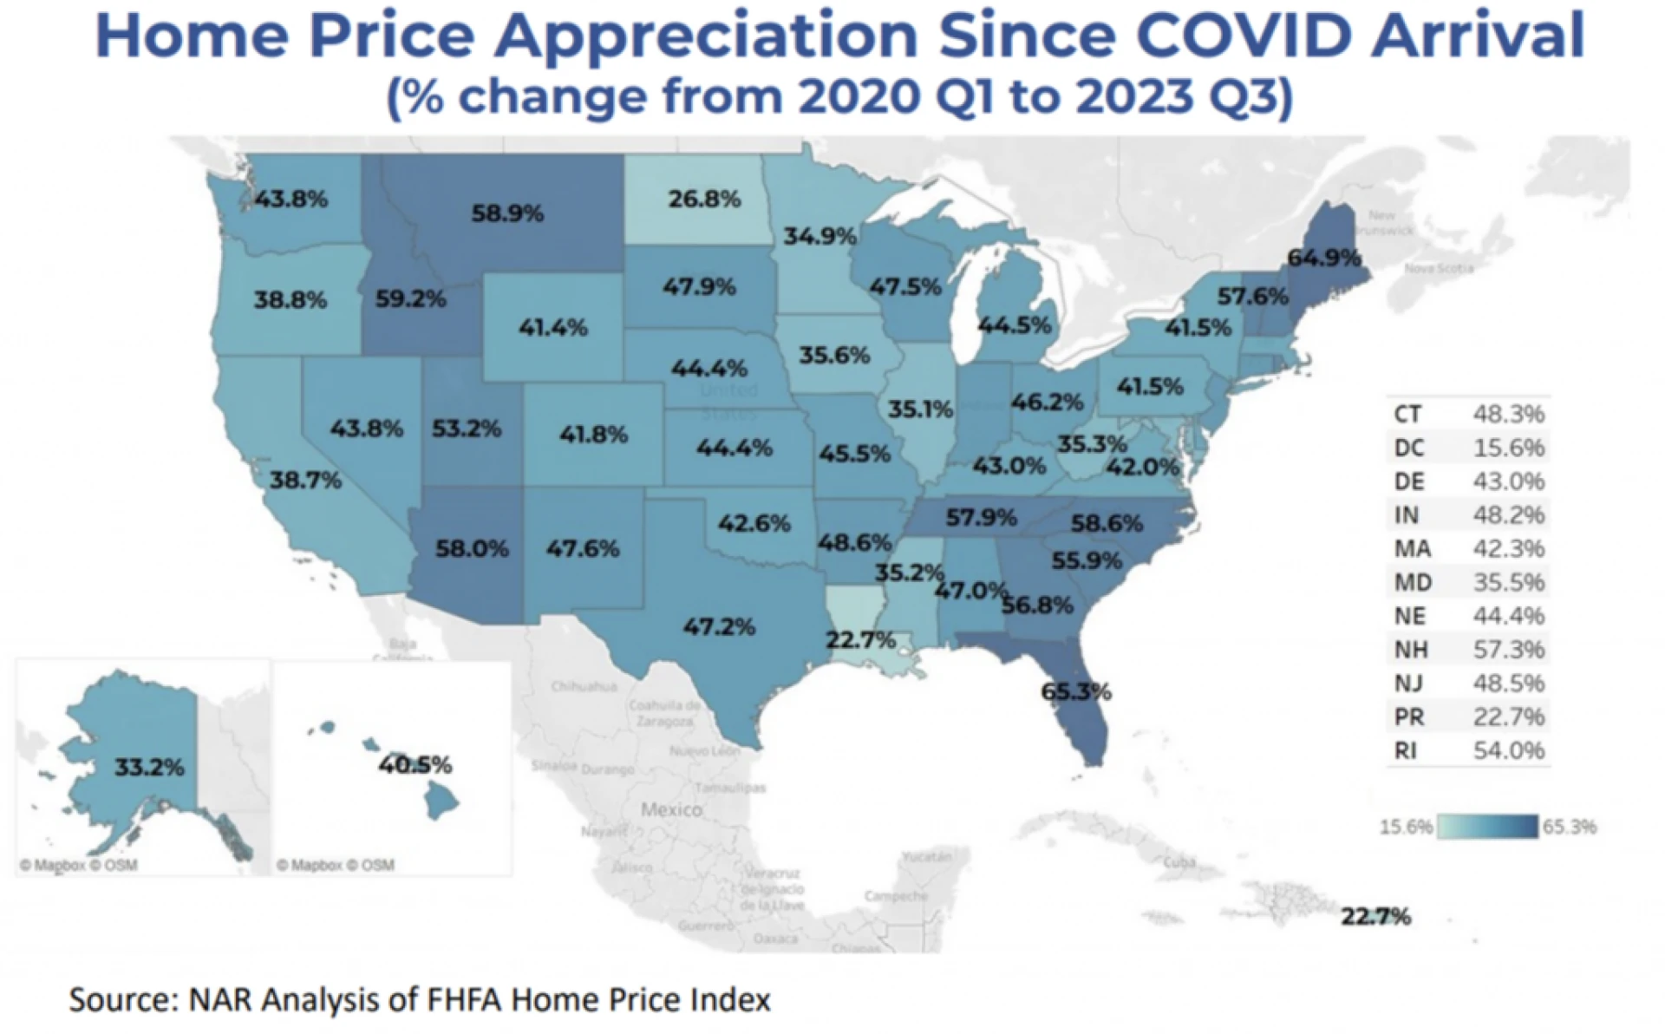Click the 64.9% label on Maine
(1323, 258)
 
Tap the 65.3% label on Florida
(1075, 691)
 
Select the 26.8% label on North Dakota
(704, 200)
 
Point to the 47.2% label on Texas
(719, 626)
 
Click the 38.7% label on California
(305, 480)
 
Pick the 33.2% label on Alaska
(149, 767)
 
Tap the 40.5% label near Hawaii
(415, 765)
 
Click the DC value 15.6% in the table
(1508, 448)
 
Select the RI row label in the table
(1406, 750)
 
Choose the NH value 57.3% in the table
(1508, 649)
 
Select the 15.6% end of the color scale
(1406, 827)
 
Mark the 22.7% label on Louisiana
(860, 640)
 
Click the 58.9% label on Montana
(507, 213)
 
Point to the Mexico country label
(671, 809)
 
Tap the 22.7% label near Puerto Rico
(1375, 916)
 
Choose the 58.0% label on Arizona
(472, 548)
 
